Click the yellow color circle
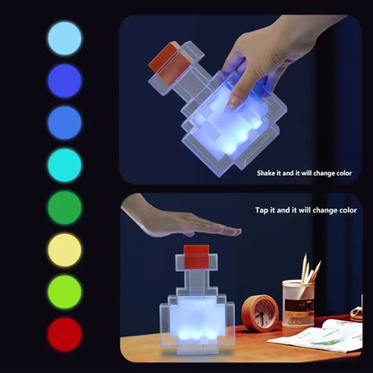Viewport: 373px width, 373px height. tap(64, 250)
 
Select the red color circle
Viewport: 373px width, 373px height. tap(64, 334)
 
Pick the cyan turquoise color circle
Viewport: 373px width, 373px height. tap(64, 165)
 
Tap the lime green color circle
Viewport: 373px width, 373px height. tap(64, 292)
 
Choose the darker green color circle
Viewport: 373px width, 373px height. tap(64, 207)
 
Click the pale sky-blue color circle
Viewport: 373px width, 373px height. tap(64, 39)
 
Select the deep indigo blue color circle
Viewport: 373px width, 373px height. tap(64, 81)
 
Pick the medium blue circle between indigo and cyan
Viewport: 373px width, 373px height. tap(64, 123)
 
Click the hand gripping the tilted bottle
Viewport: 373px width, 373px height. tap(260, 54)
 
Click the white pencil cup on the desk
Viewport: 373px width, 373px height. tap(298, 303)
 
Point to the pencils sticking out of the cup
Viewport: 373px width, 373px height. tap(309, 269)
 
